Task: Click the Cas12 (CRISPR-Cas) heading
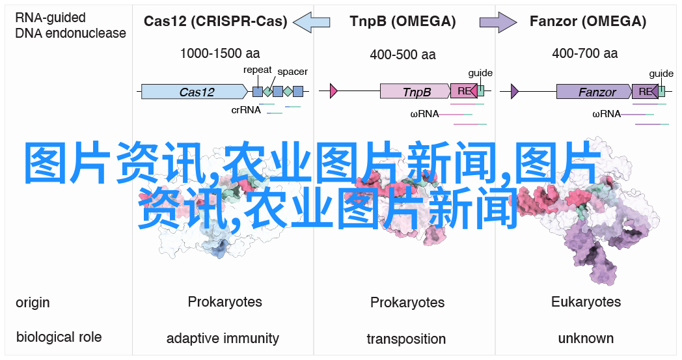tap(215, 21)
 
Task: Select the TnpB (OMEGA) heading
tap(403, 21)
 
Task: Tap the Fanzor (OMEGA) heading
tap(588, 21)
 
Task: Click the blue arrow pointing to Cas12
tap(312, 21)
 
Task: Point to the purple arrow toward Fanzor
tap(498, 21)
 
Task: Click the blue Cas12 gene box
tap(195, 92)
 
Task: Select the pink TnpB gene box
tap(415, 91)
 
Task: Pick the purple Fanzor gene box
tap(594, 92)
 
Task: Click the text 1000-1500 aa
tap(220, 53)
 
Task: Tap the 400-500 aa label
tap(403, 55)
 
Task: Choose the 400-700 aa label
tap(585, 53)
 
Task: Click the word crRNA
tap(246, 110)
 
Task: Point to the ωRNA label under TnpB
tap(424, 114)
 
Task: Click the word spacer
tap(292, 72)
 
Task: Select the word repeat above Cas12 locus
tap(258, 70)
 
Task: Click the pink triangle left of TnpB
tap(334, 91)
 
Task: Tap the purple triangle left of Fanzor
tap(515, 91)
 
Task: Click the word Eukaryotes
tap(586, 301)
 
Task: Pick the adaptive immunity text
tap(223, 339)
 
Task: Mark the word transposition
tap(406, 339)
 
